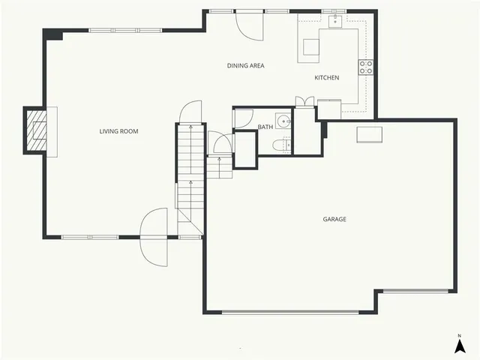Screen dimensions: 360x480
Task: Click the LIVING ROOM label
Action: click(x=118, y=131)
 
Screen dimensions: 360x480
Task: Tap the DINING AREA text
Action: click(x=245, y=66)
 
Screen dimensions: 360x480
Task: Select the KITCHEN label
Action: click(x=326, y=78)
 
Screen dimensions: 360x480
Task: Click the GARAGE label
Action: click(x=334, y=220)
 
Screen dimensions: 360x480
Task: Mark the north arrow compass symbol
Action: click(x=459, y=344)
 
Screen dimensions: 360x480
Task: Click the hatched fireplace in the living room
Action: click(x=37, y=130)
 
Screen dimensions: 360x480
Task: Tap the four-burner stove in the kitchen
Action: click(x=367, y=67)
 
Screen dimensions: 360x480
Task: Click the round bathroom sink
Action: click(x=283, y=121)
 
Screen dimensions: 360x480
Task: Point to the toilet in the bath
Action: click(x=280, y=145)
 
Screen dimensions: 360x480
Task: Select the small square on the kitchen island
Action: click(x=310, y=46)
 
